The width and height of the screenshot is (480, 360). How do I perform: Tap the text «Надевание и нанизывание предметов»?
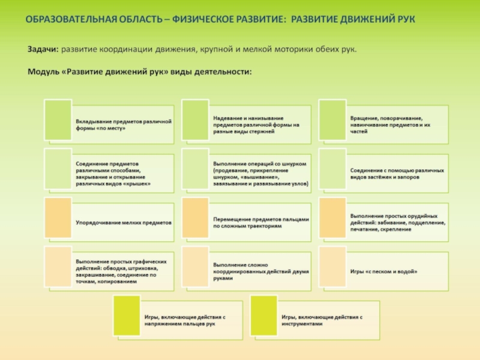tap(256, 124)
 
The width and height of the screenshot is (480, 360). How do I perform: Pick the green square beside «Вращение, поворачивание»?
tap(332, 120)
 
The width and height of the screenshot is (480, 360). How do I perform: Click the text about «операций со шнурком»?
tap(260, 173)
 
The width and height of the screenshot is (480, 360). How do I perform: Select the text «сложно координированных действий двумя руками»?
tap(261, 271)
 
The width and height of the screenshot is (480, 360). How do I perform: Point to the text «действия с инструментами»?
tap(322, 320)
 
